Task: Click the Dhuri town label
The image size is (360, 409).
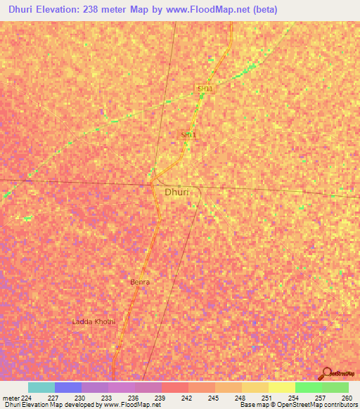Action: [x=176, y=191]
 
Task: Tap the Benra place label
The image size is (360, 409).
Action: [x=140, y=282]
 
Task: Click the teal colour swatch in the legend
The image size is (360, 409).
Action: [x=41, y=387]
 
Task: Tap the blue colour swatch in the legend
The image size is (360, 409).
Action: [x=68, y=387]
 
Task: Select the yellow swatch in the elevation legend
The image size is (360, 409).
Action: [x=282, y=387]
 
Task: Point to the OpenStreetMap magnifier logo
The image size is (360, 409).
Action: [x=326, y=373]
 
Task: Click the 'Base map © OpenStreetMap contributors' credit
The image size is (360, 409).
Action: [x=298, y=405]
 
